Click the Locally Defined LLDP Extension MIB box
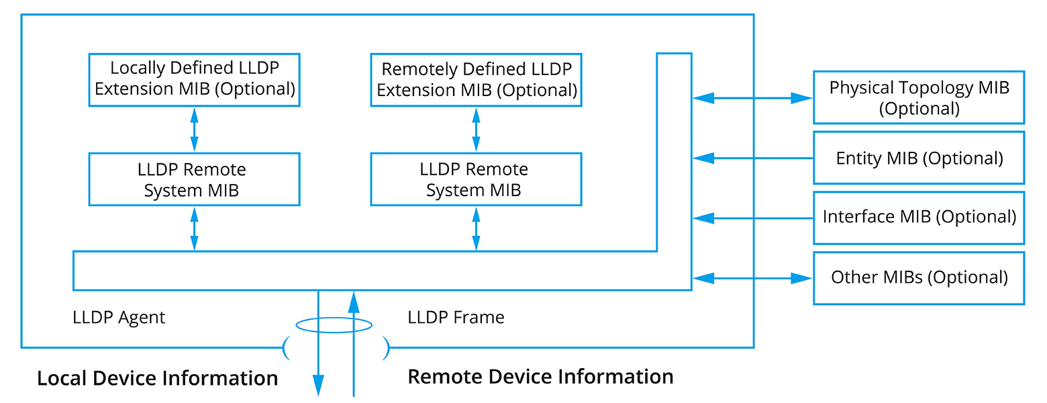pos(194,79)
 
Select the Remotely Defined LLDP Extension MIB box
pos(476,79)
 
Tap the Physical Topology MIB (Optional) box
pos(918,97)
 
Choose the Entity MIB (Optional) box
pos(918,158)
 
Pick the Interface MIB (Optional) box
pos(918,218)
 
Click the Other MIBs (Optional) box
pos(918,277)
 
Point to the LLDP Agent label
pos(119,317)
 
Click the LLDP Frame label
pos(456,317)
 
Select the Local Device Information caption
pos(157,378)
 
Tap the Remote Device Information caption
pos(540,376)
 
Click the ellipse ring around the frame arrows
pos(334,326)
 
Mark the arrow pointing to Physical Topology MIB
pos(752,98)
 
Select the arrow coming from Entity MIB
pos(752,159)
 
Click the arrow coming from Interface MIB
pos(752,218)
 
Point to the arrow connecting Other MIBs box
pos(752,277)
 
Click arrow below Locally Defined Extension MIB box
pos(194,130)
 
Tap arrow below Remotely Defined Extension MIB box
pos(476,130)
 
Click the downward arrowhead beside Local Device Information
pos(318,384)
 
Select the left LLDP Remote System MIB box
pos(194,179)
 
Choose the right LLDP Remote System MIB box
pos(476,179)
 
